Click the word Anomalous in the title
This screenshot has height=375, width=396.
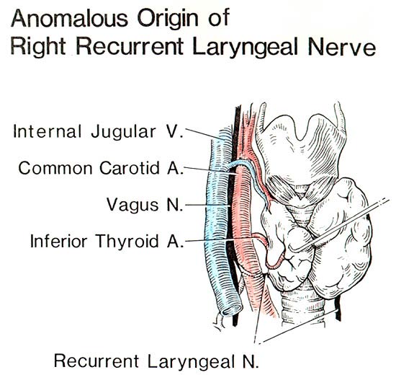(69, 18)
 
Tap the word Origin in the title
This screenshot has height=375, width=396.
(167, 19)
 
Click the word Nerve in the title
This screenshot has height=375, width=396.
(342, 47)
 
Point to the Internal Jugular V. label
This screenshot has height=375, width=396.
(98, 132)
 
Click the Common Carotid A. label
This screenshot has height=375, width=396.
(101, 168)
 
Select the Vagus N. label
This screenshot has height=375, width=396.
(145, 205)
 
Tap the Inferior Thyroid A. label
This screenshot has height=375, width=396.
(107, 241)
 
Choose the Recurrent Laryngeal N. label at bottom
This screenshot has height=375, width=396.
(156, 361)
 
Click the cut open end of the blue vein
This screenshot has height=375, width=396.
(232, 309)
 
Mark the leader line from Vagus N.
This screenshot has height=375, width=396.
(207, 206)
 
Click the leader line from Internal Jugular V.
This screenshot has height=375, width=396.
(204, 134)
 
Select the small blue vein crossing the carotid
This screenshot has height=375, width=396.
(249, 177)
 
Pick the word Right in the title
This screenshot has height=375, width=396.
(38, 47)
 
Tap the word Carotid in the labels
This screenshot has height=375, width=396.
(130, 168)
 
